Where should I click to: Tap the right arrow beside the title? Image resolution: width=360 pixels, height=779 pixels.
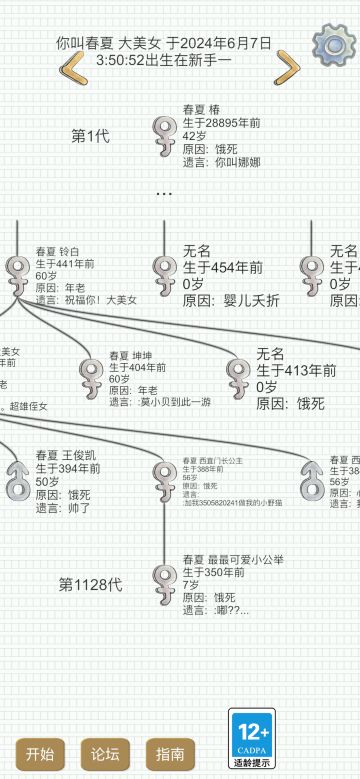pos(287,68)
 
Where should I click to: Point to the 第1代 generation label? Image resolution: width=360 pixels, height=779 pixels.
pos(90,136)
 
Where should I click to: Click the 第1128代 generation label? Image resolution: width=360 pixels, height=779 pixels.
pos(90,584)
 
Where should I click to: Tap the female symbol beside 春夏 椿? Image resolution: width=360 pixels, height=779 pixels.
pos(164,130)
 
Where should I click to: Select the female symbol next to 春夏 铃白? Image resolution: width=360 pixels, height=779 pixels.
pos(17,272)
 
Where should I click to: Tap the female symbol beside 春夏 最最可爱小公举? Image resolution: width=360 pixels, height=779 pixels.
pos(164,579)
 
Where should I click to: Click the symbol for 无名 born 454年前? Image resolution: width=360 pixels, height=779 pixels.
pos(164,270)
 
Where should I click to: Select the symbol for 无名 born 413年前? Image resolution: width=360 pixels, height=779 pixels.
pos(238,373)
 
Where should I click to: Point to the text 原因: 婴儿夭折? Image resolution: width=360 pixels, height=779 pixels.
pos(224,299)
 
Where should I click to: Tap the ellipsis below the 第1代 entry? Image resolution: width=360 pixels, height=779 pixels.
pos(164,193)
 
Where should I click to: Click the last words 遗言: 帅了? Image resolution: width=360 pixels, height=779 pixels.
pos(63,508)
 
